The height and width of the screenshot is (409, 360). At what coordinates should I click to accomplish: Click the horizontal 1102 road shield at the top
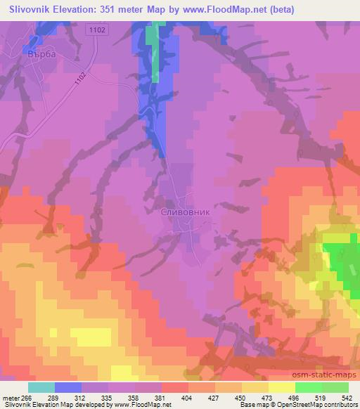pos(97,30)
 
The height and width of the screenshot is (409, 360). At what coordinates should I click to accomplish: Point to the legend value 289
pos(68,397)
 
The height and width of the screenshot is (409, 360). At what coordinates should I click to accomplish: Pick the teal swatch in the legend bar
pos(41,387)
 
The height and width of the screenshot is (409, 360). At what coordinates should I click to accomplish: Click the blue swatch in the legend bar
pos(68,387)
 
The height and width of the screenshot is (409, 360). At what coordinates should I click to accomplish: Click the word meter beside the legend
pos(13,397)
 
